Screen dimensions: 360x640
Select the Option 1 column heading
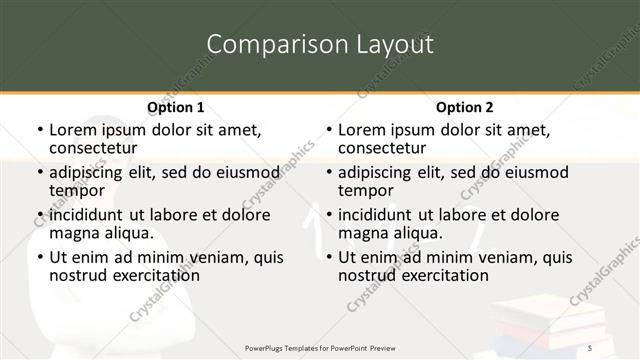point(175,106)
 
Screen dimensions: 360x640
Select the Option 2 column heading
point(465,106)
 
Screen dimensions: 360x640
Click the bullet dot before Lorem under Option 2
point(328,129)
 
